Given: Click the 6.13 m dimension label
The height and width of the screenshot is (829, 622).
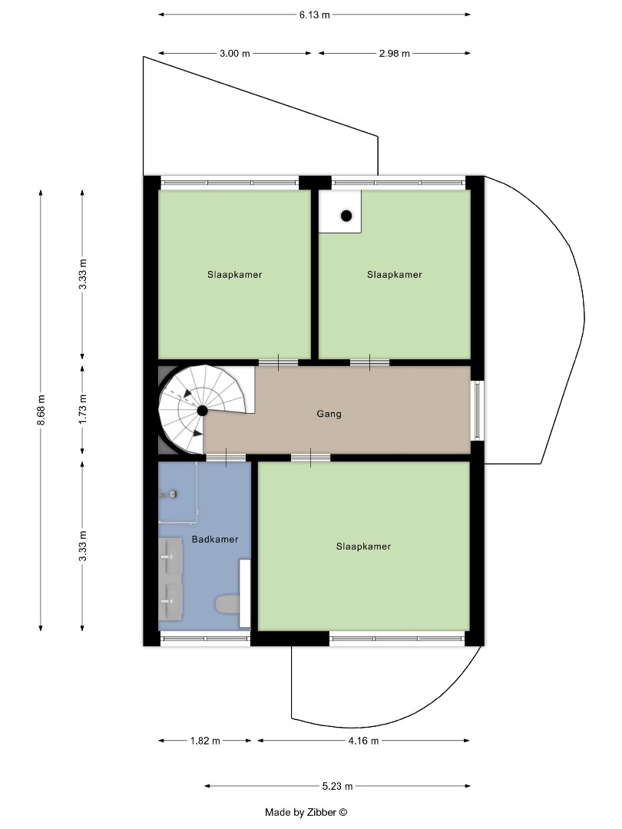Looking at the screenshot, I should click(314, 15).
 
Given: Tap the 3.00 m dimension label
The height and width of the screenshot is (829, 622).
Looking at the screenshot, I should click(234, 54).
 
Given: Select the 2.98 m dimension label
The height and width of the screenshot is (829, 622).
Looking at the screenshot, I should click(394, 54).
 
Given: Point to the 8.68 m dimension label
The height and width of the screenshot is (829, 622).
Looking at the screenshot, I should click(41, 411).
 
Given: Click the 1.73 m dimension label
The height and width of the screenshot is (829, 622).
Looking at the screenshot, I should click(83, 410).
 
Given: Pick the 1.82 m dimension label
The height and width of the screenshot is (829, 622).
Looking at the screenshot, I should click(204, 741).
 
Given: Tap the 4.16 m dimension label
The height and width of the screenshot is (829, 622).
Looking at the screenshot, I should click(363, 741).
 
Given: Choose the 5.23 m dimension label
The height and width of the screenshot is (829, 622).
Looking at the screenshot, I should click(337, 786).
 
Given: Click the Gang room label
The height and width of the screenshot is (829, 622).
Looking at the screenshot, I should click(329, 414).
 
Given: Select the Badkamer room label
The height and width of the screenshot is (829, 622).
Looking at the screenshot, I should click(214, 540).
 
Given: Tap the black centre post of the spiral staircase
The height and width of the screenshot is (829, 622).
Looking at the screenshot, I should click(202, 411).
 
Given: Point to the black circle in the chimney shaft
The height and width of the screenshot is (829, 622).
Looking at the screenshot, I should click(346, 216).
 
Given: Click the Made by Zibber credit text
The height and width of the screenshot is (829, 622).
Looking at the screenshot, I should click(306, 812).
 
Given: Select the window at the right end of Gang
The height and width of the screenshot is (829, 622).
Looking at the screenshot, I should click(478, 410).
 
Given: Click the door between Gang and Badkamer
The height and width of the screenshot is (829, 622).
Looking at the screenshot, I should click(226, 458).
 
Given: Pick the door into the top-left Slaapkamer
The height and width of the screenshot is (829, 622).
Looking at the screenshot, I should click(278, 362).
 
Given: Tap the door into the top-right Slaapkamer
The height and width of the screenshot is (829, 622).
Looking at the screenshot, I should click(369, 362).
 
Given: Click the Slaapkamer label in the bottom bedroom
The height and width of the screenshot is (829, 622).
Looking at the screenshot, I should click(363, 547).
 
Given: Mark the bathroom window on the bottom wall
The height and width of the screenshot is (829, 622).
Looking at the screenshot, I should click(205, 638).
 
